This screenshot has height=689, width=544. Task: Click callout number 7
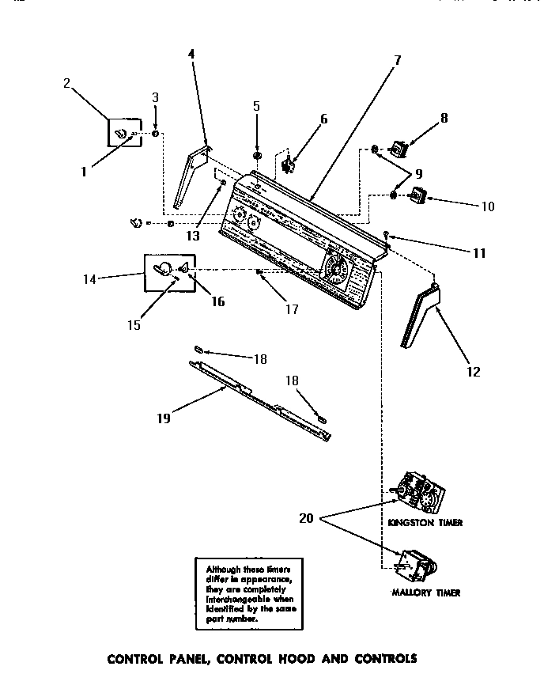[x=397, y=59]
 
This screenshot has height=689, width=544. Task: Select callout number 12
[x=473, y=371]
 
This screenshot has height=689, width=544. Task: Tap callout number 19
[x=163, y=418]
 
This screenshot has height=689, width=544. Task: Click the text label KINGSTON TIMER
[x=425, y=523]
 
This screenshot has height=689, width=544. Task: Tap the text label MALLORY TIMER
[x=425, y=592]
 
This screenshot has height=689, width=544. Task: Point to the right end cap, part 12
[x=420, y=316]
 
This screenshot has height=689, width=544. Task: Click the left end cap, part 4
[x=191, y=178]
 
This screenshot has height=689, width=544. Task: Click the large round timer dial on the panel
[x=338, y=270]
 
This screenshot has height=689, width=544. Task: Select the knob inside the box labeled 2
[x=123, y=133]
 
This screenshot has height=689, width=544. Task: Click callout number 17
[x=292, y=309]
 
